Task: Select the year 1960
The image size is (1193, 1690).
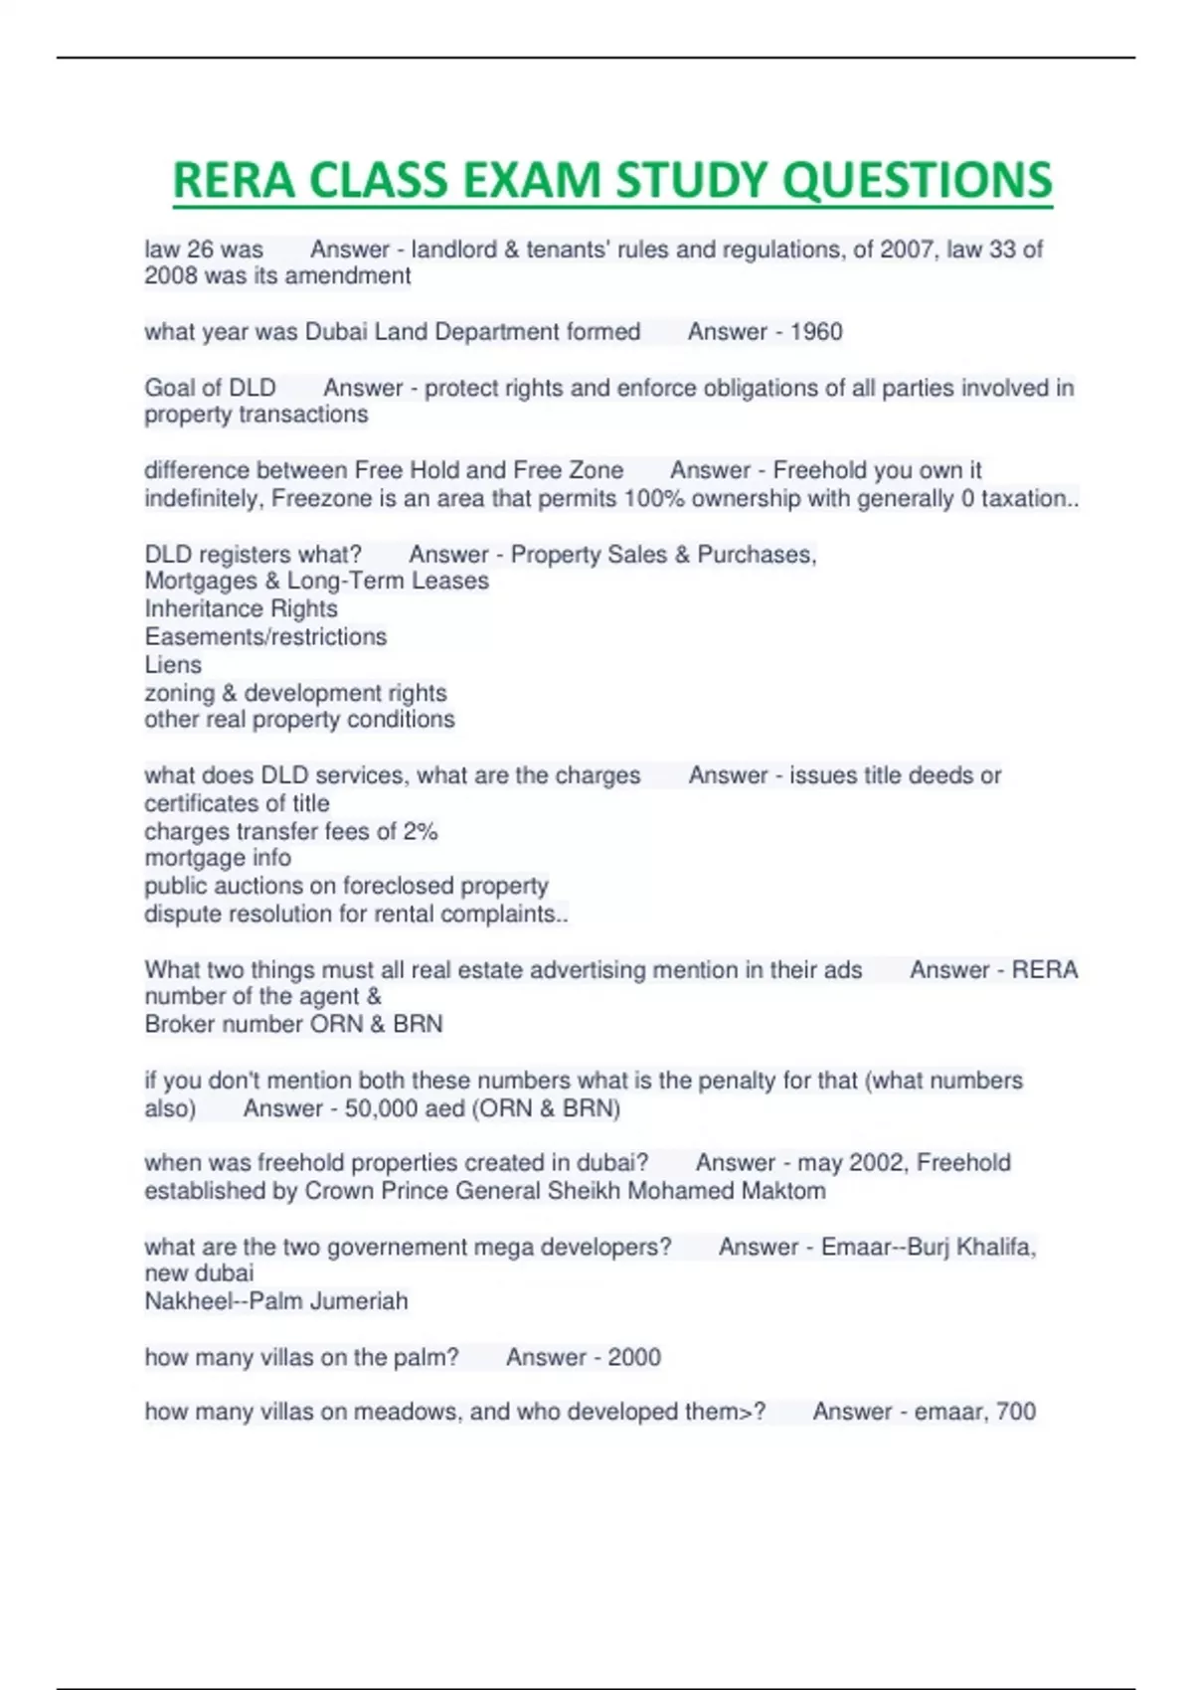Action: (x=816, y=332)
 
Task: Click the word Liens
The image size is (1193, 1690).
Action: (x=173, y=665)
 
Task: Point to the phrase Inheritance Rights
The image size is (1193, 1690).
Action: (x=241, y=609)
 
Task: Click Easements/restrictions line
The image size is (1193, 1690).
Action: (x=265, y=637)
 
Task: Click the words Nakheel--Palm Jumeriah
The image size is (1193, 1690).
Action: (x=276, y=1301)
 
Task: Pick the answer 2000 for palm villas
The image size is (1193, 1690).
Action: (x=634, y=1357)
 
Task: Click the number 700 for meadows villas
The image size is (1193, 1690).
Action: (x=1015, y=1412)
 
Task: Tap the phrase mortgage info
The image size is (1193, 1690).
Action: (x=218, y=858)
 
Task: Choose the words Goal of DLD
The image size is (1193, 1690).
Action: (x=210, y=388)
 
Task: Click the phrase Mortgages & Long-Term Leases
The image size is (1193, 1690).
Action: (x=316, y=582)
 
